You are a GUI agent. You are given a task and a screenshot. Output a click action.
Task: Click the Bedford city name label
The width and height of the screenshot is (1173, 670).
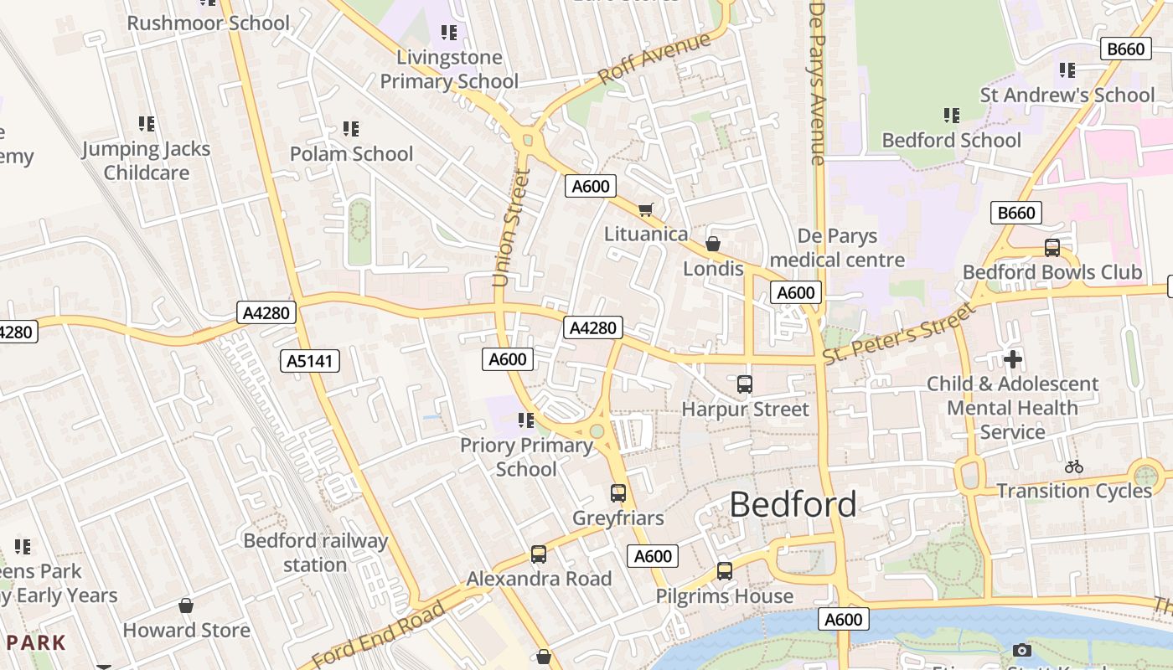pyautogui.click(x=793, y=504)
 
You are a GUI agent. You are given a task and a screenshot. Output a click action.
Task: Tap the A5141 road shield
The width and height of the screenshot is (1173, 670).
pyautogui.click(x=310, y=361)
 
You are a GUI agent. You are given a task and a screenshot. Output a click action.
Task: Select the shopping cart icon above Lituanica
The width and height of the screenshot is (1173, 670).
pyautogui.click(x=645, y=209)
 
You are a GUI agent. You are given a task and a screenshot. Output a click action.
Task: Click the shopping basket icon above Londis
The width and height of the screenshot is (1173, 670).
pyautogui.click(x=712, y=244)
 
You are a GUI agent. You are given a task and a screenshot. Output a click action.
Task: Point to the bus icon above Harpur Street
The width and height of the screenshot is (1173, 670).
pyautogui.click(x=744, y=384)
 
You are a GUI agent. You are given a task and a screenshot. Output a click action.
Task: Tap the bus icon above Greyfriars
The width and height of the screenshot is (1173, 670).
pyautogui.click(x=618, y=493)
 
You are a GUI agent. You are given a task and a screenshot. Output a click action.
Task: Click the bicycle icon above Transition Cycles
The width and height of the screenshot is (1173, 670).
pyautogui.click(x=1073, y=466)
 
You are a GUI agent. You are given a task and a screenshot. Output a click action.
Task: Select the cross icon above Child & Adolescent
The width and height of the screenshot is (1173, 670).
pyautogui.click(x=1012, y=359)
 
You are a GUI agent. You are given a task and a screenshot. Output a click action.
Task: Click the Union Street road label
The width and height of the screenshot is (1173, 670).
pyautogui.click(x=512, y=228)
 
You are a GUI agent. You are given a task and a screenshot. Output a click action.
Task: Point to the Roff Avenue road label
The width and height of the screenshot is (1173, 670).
pyautogui.click(x=654, y=58)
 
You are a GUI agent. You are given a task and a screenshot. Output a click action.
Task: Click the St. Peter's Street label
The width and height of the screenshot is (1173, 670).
pyautogui.click(x=899, y=332)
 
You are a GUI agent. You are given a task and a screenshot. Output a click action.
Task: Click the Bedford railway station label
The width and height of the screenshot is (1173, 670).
pyautogui.click(x=315, y=553)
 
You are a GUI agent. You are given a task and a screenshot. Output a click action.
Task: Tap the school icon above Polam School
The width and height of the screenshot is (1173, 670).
pyautogui.click(x=351, y=129)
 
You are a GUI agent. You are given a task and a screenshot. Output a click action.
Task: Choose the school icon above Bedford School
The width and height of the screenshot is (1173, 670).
pyautogui.click(x=951, y=115)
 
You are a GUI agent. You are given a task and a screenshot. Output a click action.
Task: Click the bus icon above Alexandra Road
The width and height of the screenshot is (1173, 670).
pyautogui.click(x=539, y=554)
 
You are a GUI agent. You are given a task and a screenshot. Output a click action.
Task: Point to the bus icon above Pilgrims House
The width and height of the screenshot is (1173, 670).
pyautogui.click(x=724, y=571)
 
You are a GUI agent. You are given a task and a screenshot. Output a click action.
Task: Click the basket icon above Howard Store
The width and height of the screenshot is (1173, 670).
pyautogui.click(x=186, y=605)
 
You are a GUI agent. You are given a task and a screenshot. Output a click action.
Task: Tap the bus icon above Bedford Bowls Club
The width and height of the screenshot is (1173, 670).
pyautogui.click(x=1052, y=247)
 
